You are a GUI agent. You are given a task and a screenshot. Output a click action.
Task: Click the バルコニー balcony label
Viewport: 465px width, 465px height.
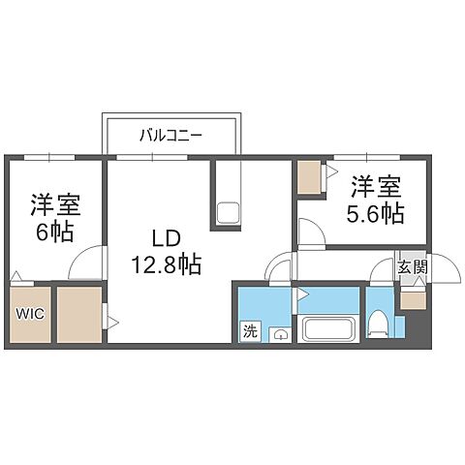pos(170,137)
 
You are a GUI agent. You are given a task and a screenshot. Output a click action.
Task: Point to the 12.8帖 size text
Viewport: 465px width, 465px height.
pos(167,262)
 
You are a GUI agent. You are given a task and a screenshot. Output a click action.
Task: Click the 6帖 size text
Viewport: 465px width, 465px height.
pos(54,232)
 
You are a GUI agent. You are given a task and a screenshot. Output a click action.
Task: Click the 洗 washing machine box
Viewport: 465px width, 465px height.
pos(250,330)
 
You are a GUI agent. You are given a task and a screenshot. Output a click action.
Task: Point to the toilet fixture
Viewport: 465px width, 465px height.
pos(380,325)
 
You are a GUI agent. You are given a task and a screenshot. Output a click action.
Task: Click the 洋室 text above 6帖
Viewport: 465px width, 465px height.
pos(54,204)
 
